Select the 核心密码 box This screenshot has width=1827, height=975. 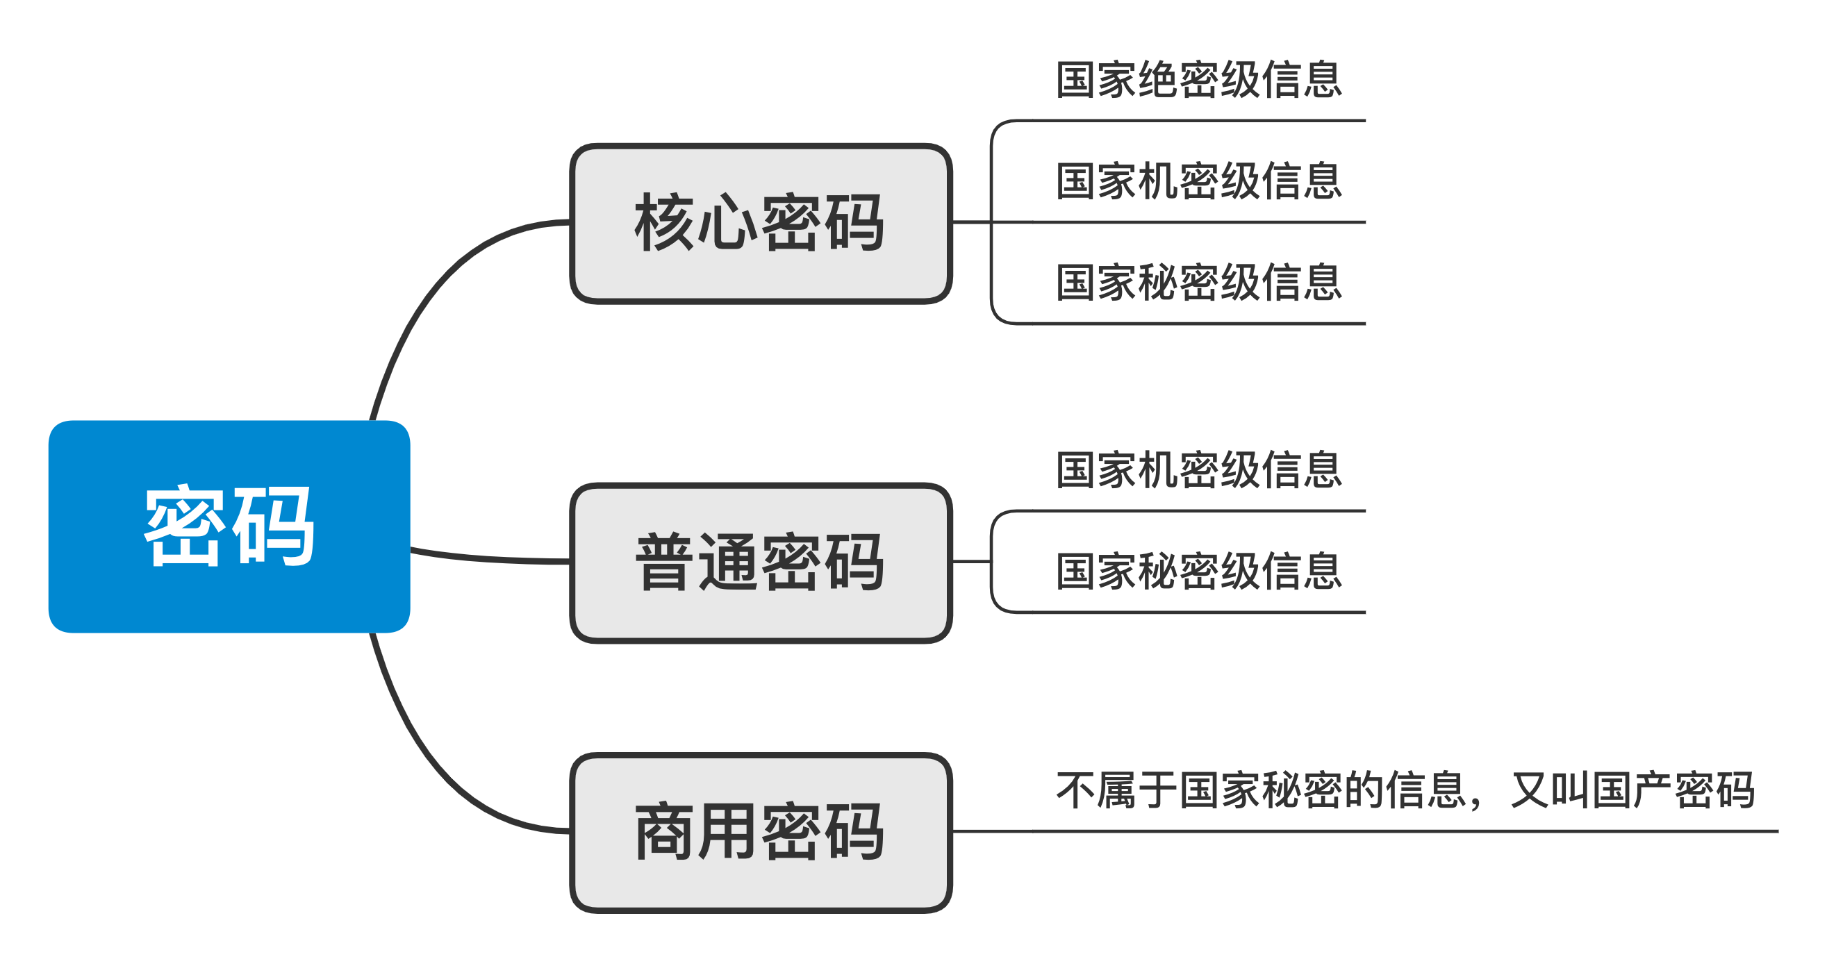point(760,224)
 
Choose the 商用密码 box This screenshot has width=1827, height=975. point(760,833)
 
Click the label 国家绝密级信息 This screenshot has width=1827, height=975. point(1198,80)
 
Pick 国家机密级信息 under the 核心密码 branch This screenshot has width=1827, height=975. point(1198,181)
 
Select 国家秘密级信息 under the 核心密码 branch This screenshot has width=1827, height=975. point(1198,283)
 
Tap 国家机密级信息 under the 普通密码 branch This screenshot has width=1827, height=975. point(1198,470)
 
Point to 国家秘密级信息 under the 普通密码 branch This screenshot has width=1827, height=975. point(1198,572)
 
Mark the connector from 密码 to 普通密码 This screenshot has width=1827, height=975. point(489,559)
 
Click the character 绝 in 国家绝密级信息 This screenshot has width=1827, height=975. point(1157,80)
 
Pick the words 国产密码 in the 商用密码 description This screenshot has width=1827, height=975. point(1673,790)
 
